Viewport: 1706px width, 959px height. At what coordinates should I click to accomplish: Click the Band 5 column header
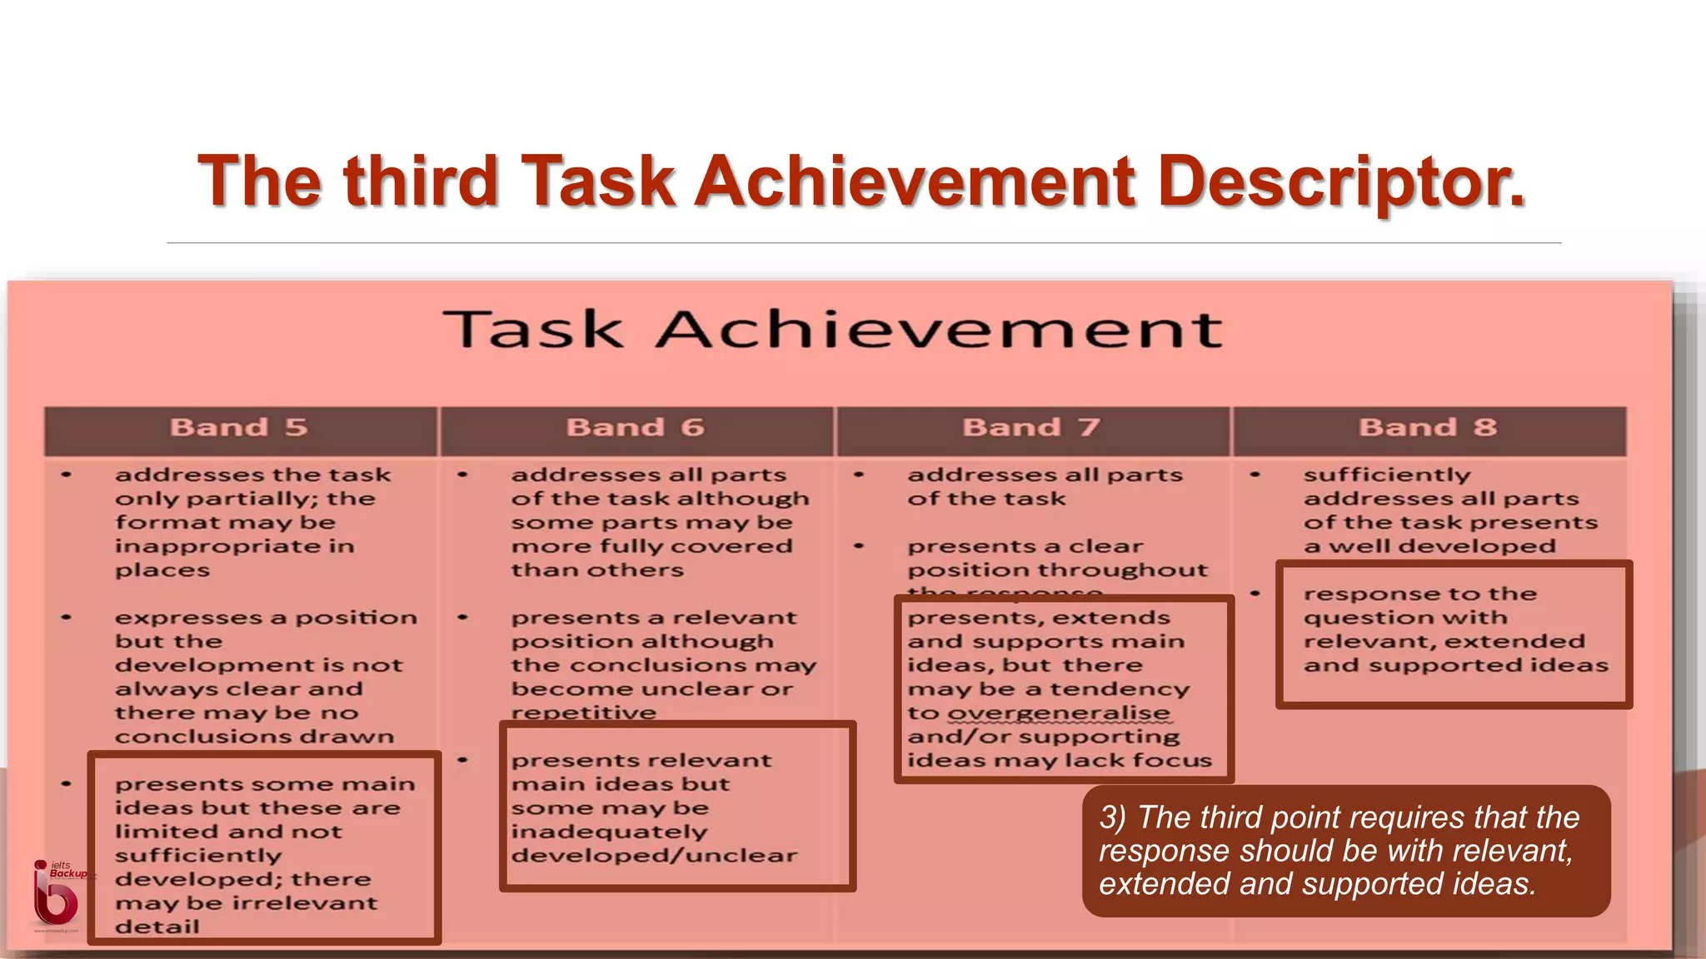tap(239, 428)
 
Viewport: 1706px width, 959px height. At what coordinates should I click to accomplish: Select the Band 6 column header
tap(636, 428)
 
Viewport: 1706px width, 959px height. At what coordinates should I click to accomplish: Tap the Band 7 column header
tap(1031, 428)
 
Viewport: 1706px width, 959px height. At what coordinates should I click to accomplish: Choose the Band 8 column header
tap(1428, 428)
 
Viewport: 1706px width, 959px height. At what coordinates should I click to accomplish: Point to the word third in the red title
tap(422, 181)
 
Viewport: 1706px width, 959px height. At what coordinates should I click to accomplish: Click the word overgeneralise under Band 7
tap(1059, 713)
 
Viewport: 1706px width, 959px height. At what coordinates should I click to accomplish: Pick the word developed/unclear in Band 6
tap(654, 856)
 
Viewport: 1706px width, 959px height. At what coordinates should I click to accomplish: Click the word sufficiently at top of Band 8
tap(1387, 475)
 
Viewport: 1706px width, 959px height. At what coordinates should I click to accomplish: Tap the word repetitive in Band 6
tap(583, 713)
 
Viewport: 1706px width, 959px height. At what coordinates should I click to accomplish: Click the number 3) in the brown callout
tap(1113, 817)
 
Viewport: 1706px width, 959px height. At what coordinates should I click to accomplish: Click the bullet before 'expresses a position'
tap(67, 618)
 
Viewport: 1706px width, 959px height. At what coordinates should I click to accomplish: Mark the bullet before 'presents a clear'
tap(859, 547)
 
